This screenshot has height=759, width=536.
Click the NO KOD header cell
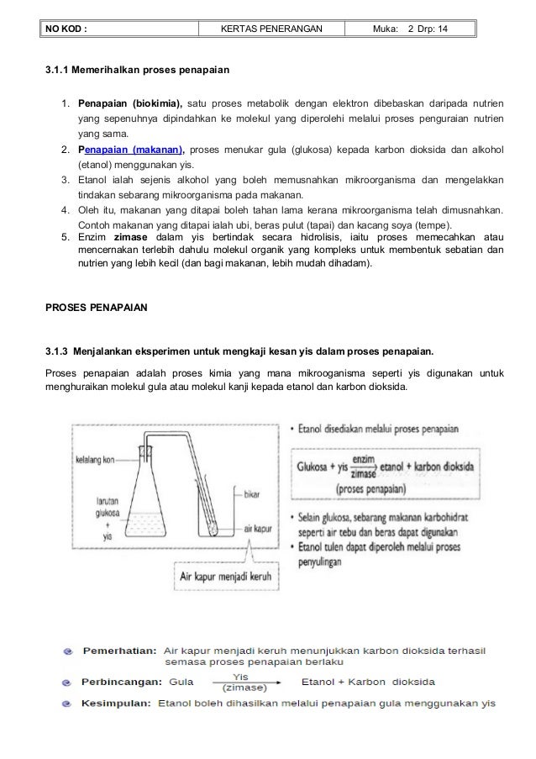pos(67,30)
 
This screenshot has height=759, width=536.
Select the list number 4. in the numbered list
pos(65,209)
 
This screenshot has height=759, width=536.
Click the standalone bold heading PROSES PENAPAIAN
pos(96,308)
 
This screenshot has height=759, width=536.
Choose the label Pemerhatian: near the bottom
pos(118,651)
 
